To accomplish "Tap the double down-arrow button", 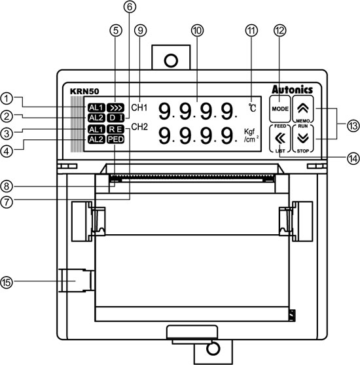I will tap(302, 137).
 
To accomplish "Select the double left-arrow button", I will tap(279, 137).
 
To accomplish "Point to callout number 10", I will tap(195, 31).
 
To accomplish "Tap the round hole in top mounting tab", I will tap(171, 60).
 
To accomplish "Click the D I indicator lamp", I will tap(116, 117).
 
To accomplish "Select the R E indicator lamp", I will tap(116, 129).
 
